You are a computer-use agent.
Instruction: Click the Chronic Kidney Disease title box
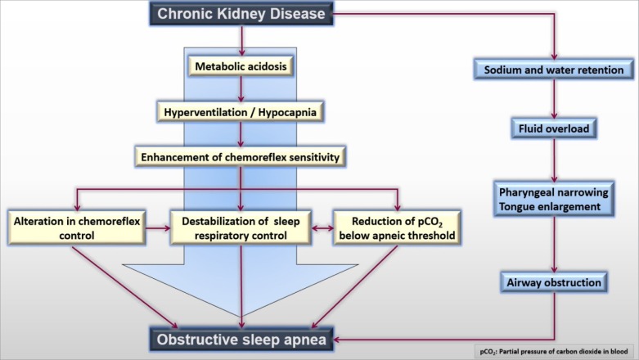click(x=241, y=14)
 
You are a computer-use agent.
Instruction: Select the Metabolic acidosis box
click(x=241, y=66)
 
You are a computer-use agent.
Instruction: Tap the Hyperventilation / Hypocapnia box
click(x=241, y=112)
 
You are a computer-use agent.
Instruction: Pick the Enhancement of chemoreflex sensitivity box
click(x=241, y=157)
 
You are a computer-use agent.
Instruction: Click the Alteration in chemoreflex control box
click(x=77, y=228)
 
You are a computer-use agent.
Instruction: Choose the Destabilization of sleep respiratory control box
click(x=241, y=228)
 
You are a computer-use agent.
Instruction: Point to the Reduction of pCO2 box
click(x=398, y=228)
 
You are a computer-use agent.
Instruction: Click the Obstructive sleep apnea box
click(x=241, y=340)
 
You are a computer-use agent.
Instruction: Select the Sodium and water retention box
click(x=554, y=70)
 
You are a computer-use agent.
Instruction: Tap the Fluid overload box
click(x=554, y=128)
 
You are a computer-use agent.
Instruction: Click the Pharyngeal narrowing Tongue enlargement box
click(x=554, y=200)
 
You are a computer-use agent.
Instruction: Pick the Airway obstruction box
click(x=554, y=282)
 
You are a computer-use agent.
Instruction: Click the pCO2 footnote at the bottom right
click(x=554, y=352)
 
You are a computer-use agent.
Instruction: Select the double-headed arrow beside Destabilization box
click(x=322, y=228)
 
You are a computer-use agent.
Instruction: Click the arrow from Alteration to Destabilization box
click(x=158, y=228)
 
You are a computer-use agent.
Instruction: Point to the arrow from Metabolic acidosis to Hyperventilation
click(x=241, y=89)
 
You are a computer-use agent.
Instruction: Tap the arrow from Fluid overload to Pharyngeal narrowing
click(x=554, y=160)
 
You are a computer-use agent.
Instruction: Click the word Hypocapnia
click(x=287, y=113)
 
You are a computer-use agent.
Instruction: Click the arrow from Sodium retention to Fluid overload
click(x=554, y=99)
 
